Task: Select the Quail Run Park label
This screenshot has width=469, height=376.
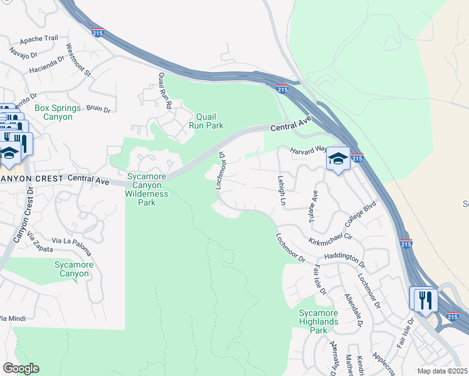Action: tap(206, 121)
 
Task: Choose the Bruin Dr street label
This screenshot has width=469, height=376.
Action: tap(98, 110)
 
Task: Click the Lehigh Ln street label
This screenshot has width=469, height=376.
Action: tap(282, 191)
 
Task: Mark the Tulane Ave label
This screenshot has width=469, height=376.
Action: tap(312, 204)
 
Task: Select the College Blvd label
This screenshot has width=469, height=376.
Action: tap(361, 215)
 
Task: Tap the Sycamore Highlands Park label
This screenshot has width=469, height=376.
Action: tap(319, 321)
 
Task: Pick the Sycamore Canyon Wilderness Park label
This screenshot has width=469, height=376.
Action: tap(147, 189)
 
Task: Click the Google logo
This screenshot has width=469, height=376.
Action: tap(21, 368)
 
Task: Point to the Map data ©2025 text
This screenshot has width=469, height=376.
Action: tap(442, 371)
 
